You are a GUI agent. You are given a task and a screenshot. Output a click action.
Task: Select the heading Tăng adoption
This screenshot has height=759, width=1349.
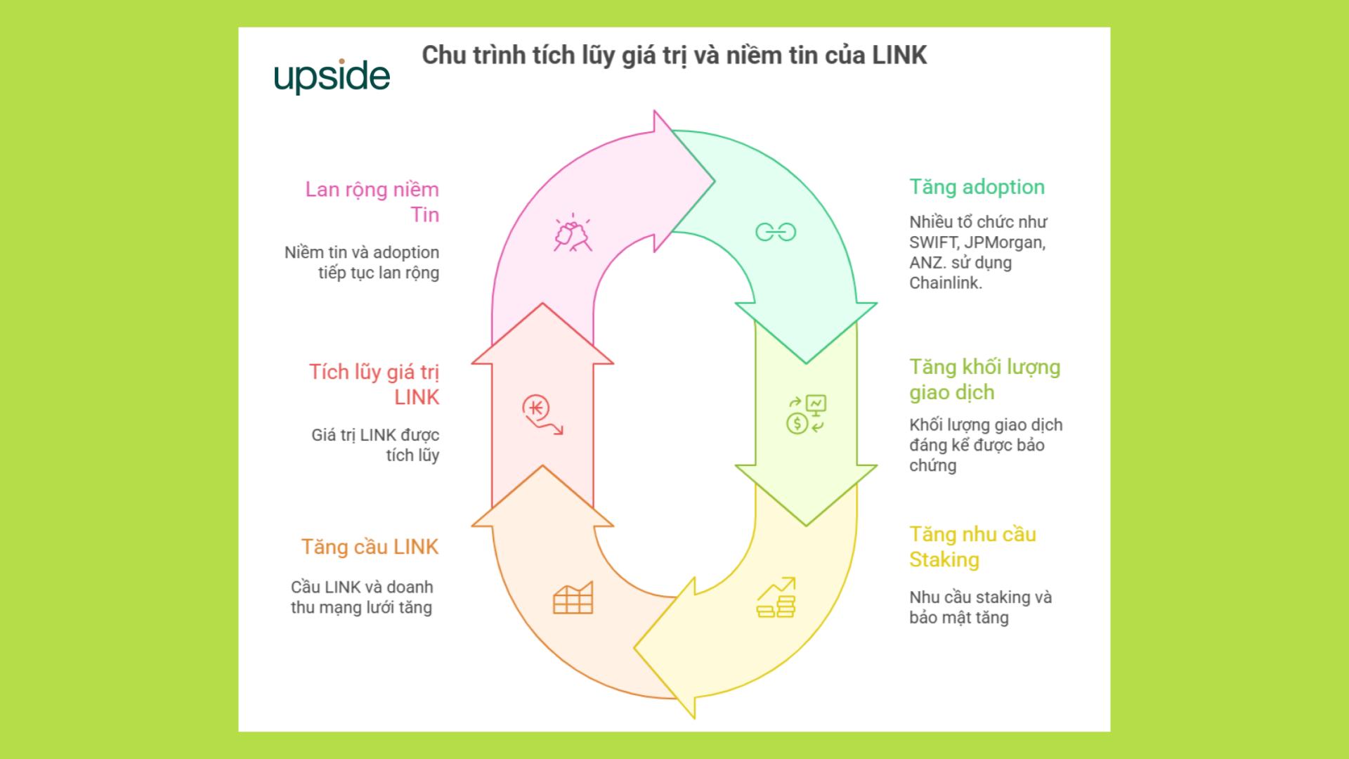pyautogui.click(x=977, y=187)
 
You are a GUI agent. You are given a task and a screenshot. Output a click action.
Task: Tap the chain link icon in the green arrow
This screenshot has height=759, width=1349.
pyautogui.click(x=776, y=232)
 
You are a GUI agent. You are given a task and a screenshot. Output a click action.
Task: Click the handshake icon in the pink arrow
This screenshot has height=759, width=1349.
pyautogui.click(x=573, y=233)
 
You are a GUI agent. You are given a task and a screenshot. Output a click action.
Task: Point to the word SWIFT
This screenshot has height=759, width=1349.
pyautogui.click(x=933, y=242)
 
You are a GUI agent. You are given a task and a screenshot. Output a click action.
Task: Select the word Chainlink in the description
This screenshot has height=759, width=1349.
pyautogui.click(x=944, y=283)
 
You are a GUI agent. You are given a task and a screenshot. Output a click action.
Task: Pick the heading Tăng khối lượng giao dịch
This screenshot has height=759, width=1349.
pyautogui.click(x=984, y=379)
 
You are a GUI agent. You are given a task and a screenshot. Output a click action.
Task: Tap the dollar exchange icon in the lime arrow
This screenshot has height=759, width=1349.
pyautogui.click(x=806, y=415)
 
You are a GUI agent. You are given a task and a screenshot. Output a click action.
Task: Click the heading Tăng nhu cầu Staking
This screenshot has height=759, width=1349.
pyautogui.click(x=972, y=547)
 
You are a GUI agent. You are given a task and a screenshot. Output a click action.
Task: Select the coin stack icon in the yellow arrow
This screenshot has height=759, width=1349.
pyautogui.click(x=776, y=598)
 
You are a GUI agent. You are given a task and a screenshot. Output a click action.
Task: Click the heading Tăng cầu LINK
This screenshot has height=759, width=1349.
pyautogui.click(x=370, y=547)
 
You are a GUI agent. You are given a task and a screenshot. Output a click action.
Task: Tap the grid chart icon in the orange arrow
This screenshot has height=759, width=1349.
pyautogui.click(x=573, y=598)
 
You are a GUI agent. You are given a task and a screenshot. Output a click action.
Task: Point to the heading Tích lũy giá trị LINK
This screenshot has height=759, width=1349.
pyautogui.click(x=374, y=384)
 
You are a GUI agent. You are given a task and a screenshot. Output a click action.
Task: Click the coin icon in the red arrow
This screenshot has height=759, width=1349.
pyautogui.click(x=542, y=415)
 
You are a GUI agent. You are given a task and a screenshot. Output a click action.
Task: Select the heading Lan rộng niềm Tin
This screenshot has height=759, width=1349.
pyautogui.click(x=372, y=202)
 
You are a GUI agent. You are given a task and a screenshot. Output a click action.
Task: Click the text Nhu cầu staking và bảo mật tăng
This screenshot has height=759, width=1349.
pyautogui.click(x=979, y=607)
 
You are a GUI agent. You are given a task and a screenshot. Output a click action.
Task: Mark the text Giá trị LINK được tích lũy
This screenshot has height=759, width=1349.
pyautogui.click(x=375, y=445)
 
